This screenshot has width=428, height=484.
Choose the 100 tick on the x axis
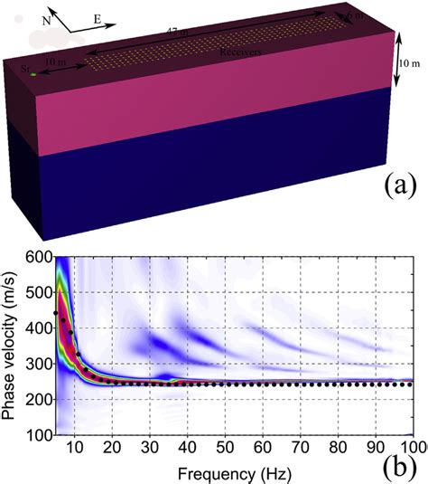412,445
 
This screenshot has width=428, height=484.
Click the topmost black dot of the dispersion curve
56,312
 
